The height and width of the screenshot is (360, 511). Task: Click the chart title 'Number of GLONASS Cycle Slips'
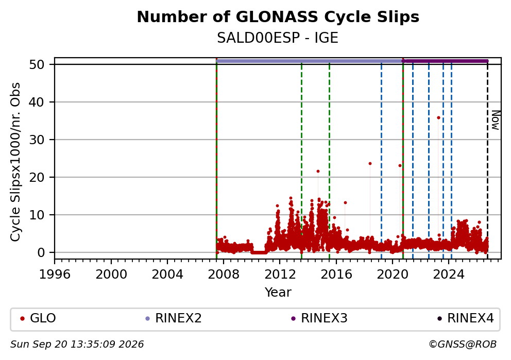point(278,17)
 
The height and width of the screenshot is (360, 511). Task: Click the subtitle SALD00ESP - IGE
point(278,38)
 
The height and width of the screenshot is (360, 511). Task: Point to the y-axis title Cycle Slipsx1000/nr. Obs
point(15,162)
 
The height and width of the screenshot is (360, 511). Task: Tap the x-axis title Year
point(278,292)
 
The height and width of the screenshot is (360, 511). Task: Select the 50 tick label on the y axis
point(37,64)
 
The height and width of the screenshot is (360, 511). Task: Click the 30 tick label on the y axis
point(37,140)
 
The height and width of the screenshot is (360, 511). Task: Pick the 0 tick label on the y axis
point(41,252)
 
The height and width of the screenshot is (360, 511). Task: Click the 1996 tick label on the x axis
point(55,275)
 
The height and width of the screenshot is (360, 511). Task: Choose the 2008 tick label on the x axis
point(224,275)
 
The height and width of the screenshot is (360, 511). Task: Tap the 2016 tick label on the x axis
point(336,275)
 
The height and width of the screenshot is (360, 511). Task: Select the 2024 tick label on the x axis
point(449,275)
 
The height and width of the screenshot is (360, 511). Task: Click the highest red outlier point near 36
point(438,117)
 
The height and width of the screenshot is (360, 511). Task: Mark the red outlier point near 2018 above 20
point(370,164)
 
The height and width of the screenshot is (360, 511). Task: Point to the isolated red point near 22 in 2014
point(318,171)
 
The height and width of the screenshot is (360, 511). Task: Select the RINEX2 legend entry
point(174,318)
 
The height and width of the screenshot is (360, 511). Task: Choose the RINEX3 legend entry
point(319,318)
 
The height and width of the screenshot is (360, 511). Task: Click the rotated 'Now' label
point(495,120)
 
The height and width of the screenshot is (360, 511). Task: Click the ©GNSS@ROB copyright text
point(463,345)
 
